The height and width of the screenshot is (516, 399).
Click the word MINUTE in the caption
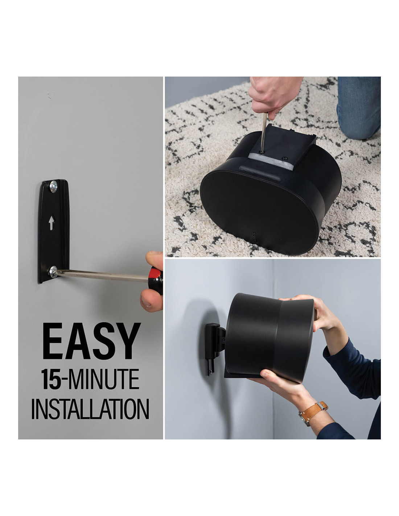click(103, 379)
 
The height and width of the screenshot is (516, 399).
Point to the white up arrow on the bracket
click(52, 223)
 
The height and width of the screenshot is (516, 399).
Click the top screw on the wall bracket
click(53, 187)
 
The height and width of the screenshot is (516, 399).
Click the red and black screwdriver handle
click(156, 280)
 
